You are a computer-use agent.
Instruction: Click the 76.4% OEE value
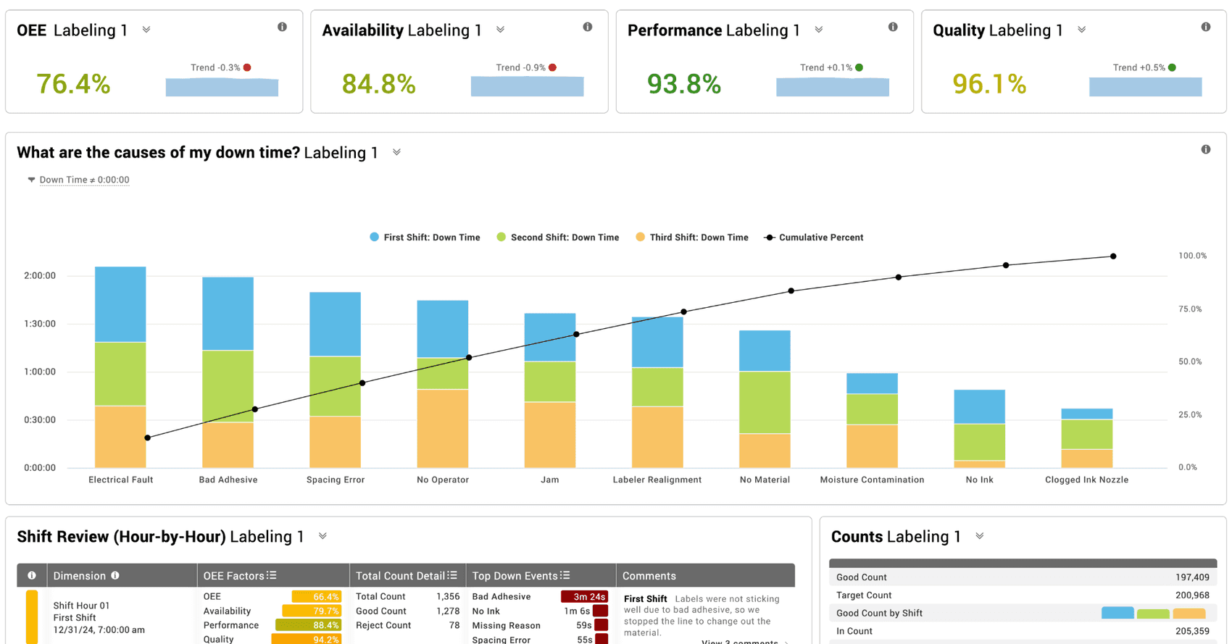coord(73,84)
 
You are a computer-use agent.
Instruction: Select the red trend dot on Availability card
coord(552,67)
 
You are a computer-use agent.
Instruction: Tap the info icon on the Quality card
coord(1205,27)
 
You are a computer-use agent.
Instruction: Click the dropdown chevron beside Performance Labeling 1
coord(818,30)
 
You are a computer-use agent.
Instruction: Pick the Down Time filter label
coord(84,180)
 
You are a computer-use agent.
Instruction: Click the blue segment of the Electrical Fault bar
coord(120,304)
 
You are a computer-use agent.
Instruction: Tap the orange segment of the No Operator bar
coord(442,428)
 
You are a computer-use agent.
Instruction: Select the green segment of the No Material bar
coord(765,402)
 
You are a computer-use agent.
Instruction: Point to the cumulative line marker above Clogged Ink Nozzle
coord(1113,256)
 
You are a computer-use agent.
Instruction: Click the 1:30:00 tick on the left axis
coord(40,324)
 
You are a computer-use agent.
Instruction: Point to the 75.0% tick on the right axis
coord(1190,309)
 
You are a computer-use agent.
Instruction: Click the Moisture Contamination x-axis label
coord(872,480)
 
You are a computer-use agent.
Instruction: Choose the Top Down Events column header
coord(515,576)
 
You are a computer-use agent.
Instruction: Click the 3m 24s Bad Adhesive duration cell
coord(584,597)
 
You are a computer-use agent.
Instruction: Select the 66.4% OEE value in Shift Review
coord(317,597)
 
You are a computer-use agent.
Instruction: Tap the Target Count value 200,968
coord(1192,595)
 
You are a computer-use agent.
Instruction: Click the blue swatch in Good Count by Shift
coord(1117,613)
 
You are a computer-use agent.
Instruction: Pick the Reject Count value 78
coord(454,625)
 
